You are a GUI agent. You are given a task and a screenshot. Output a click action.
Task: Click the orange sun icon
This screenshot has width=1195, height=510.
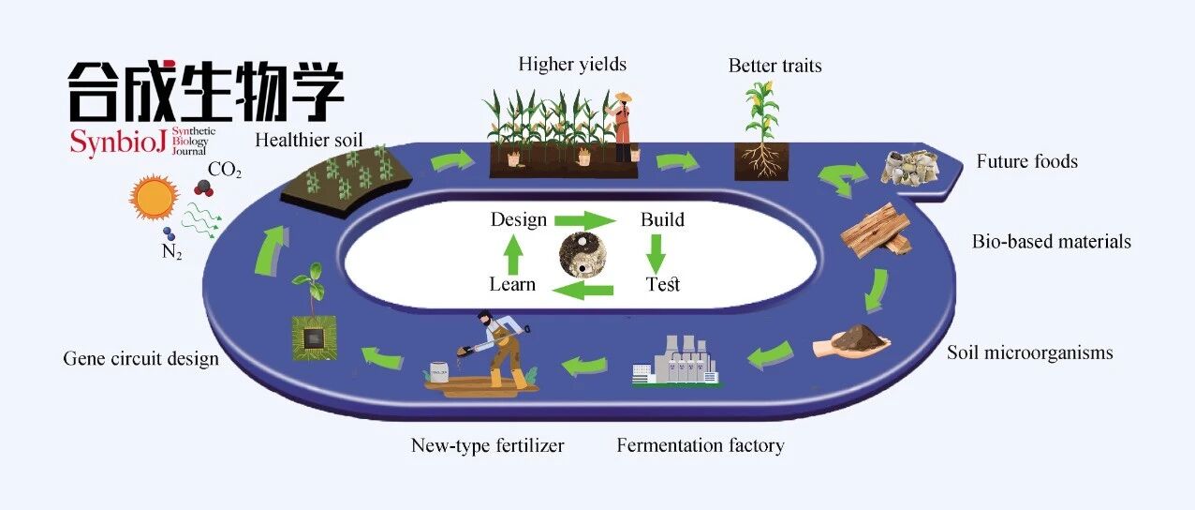pyautogui.click(x=155, y=198)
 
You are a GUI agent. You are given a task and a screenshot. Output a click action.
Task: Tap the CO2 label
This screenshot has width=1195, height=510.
pyautogui.click(x=224, y=171)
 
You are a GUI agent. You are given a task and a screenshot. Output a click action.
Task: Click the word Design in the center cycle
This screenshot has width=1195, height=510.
pyautogui.click(x=519, y=220)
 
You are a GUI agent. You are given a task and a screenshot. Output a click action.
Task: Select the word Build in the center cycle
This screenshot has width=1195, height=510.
pyautogui.click(x=662, y=220)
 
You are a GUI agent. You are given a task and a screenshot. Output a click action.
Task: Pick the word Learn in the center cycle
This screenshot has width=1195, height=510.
pyautogui.click(x=512, y=284)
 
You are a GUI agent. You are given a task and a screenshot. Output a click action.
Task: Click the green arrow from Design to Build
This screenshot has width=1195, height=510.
pyautogui.click(x=584, y=221)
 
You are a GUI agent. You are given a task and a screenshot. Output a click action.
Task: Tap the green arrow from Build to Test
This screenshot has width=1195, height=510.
pyautogui.click(x=656, y=253)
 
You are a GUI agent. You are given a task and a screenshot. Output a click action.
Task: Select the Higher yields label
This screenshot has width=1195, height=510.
pyautogui.click(x=572, y=65)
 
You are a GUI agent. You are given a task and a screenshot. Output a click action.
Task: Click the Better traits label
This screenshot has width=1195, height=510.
pyautogui.click(x=775, y=66)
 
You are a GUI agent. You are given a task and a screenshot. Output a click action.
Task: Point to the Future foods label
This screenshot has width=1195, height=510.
pyautogui.click(x=1026, y=161)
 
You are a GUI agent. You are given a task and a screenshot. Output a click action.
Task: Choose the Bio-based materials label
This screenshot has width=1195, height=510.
pyautogui.click(x=1051, y=242)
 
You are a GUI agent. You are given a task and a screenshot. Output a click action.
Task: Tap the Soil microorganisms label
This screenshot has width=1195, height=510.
pyautogui.click(x=1029, y=353)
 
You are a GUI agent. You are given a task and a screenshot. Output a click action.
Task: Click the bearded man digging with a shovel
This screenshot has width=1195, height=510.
pyautogui.click(x=497, y=347)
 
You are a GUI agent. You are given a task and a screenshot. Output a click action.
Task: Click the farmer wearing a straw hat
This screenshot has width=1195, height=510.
pyautogui.click(x=621, y=126)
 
